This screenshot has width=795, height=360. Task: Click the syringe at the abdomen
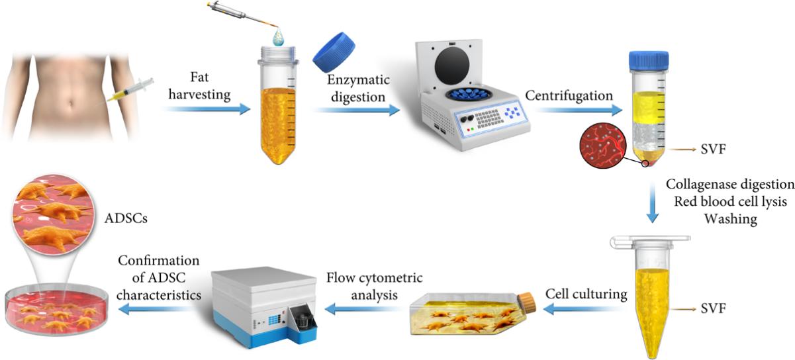tap(130, 91)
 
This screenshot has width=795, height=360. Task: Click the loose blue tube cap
tap(334, 52)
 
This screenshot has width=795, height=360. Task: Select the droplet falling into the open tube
tap(279, 37)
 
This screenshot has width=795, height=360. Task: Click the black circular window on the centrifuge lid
tap(452, 66)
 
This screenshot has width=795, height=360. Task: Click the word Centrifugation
tap(569, 96)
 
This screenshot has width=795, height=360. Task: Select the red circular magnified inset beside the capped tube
tap(602, 145)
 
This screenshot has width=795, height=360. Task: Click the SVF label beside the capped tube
tap(713, 150)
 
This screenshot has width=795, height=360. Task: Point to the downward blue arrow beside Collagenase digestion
tap(652, 203)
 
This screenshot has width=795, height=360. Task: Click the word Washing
tap(731, 219)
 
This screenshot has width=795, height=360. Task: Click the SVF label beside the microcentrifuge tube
tap(713, 308)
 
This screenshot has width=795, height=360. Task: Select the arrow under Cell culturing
tap(584, 310)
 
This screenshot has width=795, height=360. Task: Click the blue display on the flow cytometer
tap(275, 320)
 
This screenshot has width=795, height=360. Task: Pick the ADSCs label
tap(126, 218)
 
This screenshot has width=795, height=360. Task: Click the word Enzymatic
tap(358, 80)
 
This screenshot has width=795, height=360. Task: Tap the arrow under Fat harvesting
tap(208, 109)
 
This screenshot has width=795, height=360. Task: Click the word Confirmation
tap(159, 261)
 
